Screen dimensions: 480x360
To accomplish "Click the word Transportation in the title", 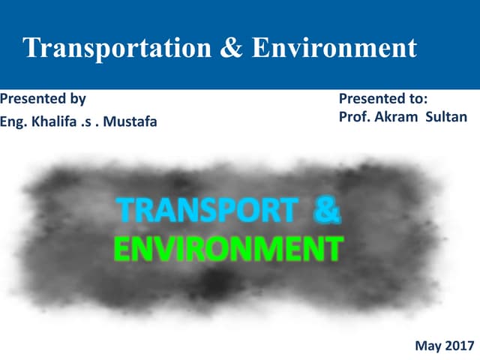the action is point(117,48).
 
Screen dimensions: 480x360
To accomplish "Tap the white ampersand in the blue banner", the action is point(232,46).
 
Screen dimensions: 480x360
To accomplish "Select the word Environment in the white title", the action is point(334,47).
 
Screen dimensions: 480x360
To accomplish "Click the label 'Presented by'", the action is point(43,99).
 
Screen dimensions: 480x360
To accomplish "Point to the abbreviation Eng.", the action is point(13,122).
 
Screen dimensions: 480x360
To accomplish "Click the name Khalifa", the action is point(54,121).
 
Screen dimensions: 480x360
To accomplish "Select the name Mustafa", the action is point(130,121).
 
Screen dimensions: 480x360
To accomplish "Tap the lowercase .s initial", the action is point(86,122).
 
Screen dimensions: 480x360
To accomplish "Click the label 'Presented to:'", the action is point(383,98).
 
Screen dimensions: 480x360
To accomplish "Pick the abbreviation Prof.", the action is point(355,117).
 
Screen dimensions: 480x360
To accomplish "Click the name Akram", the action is point(396,117).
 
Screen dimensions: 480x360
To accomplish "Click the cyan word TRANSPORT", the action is point(207,210).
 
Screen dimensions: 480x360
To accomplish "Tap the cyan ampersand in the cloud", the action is point(327,209).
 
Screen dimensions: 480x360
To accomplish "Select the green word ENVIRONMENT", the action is point(229,248).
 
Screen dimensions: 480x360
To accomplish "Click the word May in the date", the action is point(428,346).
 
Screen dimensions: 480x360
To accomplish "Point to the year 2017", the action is point(460,346).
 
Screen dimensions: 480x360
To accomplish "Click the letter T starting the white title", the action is point(31,47).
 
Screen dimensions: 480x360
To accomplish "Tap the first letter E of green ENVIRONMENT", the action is point(121,249).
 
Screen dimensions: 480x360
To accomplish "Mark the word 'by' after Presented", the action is point(78,100).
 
